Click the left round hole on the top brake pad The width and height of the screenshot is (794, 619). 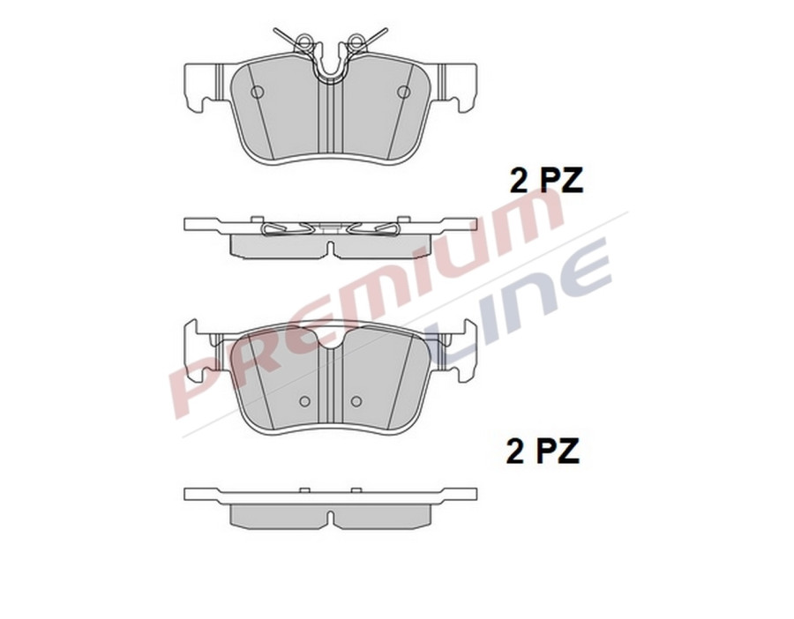(258, 92)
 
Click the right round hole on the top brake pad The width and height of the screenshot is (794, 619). (403, 92)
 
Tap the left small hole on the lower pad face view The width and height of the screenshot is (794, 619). (304, 401)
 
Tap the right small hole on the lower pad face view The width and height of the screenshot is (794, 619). (356, 401)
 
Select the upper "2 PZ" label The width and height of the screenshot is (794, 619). (546, 180)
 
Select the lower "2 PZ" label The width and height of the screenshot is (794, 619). (543, 451)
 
